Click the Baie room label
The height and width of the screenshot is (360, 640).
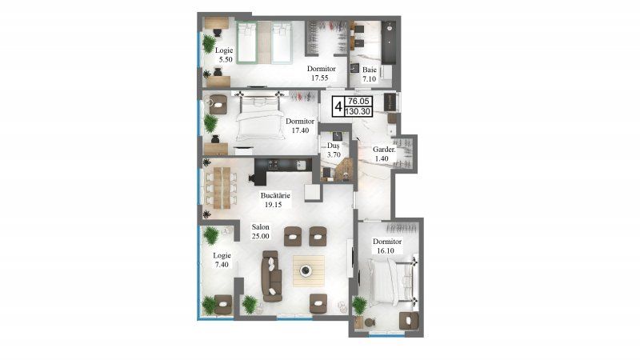[370, 70]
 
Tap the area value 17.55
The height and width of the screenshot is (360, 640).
[319, 78]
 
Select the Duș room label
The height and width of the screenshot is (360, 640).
[334, 146]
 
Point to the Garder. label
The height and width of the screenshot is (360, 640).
[384, 150]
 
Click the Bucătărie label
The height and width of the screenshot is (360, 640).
[275, 195]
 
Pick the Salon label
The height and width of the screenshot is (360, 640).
[261, 227]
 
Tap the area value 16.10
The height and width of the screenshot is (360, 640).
[386, 250]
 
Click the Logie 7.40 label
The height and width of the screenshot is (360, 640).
[222, 260]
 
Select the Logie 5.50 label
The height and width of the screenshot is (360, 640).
[224, 54]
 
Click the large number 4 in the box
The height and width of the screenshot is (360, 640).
[338, 107]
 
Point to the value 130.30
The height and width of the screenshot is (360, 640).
[358, 111]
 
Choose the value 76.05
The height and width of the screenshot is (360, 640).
[358, 102]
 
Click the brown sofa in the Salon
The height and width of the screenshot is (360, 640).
[272, 276]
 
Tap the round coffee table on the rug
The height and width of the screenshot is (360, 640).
[306, 270]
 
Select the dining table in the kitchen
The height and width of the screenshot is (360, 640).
[222, 188]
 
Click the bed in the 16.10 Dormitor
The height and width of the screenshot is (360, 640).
[390, 282]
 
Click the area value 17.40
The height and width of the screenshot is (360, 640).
[300, 130]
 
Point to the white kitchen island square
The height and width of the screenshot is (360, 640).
[313, 193]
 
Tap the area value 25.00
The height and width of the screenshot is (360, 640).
[261, 236]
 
